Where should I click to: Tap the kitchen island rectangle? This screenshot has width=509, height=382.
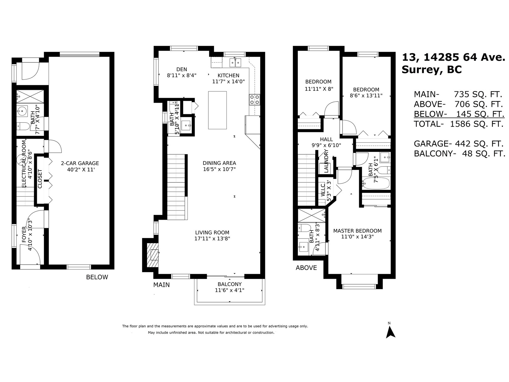click(x=217, y=110)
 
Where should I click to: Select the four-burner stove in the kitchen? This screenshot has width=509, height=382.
click(x=254, y=100)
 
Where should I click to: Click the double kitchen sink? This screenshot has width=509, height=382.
click(x=235, y=63)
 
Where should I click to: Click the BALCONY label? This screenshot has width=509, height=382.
click(x=230, y=284)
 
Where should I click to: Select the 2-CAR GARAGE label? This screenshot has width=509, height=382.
click(x=80, y=163)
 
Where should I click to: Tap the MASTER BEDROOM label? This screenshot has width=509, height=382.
click(x=357, y=231)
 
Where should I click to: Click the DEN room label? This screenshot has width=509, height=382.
click(x=182, y=69)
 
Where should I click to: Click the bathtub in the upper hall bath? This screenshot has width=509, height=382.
click(x=376, y=183)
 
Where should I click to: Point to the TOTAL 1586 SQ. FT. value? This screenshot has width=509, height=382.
click(x=477, y=124)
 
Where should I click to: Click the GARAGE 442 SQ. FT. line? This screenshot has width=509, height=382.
click(x=458, y=144)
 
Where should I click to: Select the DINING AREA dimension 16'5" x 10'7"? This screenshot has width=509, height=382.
click(x=220, y=169)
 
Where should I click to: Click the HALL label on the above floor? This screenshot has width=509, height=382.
click(x=326, y=139)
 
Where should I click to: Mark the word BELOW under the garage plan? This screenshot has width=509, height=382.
click(x=97, y=277)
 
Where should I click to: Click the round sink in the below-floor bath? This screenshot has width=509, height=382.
click(x=22, y=111)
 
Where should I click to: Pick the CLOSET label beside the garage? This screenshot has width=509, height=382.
click(x=40, y=179)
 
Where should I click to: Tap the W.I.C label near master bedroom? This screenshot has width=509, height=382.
click(x=323, y=190)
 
